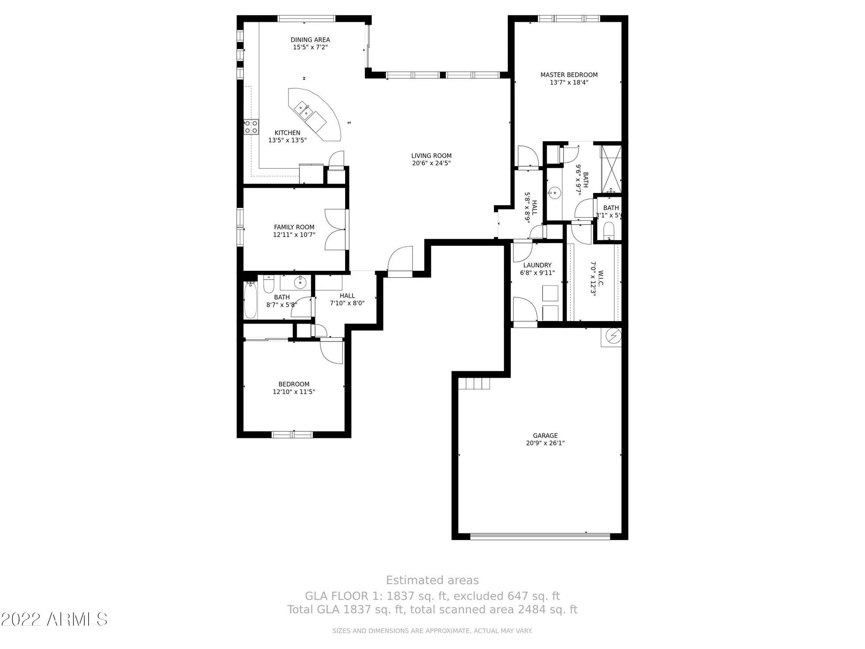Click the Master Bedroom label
click(x=569, y=75)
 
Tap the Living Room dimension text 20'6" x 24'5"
click(x=431, y=163)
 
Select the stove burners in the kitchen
click(x=251, y=127)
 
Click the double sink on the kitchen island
click(x=303, y=110)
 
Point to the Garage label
click(x=545, y=435)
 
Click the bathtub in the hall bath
click(x=250, y=299)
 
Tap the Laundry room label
click(x=537, y=265)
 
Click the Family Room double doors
click(x=336, y=230)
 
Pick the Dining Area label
click(x=310, y=40)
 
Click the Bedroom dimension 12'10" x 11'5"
click(x=294, y=392)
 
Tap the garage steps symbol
click(x=474, y=383)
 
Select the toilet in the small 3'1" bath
click(x=609, y=230)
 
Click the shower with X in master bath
click(x=611, y=169)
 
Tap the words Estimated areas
click(x=432, y=580)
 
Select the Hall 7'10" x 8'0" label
click(x=347, y=299)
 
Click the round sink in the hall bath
click(x=300, y=283)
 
